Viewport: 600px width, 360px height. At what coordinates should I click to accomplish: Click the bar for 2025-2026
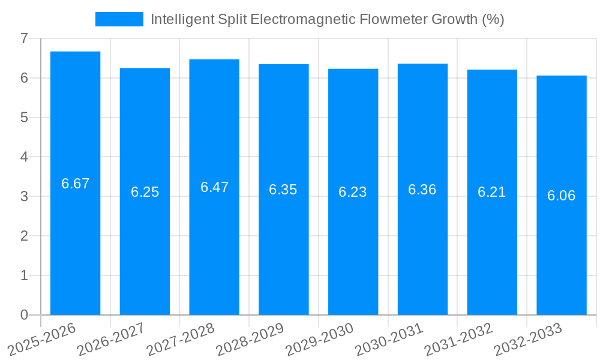pyautogui.click(x=75, y=240)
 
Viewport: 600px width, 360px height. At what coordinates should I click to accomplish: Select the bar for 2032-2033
pyautogui.click(x=561, y=252)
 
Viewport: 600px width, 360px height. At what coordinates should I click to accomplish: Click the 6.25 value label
pyautogui.click(x=145, y=192)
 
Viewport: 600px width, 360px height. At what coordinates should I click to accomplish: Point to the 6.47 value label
pyautogui.click(x=214, y=187)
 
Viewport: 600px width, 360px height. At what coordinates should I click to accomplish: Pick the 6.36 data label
pyautogui.click(x=422, y=190)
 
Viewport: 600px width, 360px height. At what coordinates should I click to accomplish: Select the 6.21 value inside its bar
pyautogui.click(x=491, y=192)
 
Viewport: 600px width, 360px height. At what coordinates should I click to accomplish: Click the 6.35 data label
pyautogui.click(x=283, y=190)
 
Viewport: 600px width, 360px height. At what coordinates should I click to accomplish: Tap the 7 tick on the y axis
pyautogui.click(x=24, y=38)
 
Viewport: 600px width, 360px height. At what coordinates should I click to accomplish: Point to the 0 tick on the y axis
pyautogui.click(x=24, y=315)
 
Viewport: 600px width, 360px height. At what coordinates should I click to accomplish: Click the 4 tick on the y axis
pyautogui.click(x=24, y=157)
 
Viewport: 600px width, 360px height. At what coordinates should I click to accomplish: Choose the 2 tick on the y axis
pyautogui.click(x=24, y=236)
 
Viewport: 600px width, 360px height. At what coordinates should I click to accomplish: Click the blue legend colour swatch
pyautogui.click(x=119, y=19)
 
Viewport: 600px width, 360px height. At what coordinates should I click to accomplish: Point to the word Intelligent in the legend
pyautogui.click(x=178, y=19)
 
